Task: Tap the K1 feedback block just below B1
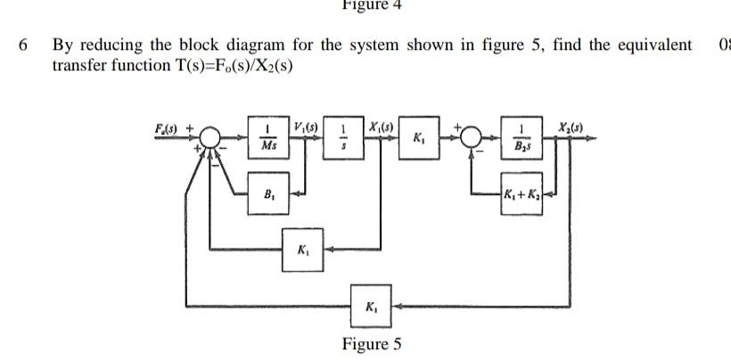click(x=303, y=249)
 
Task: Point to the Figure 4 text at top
click(x=372, y=5)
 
